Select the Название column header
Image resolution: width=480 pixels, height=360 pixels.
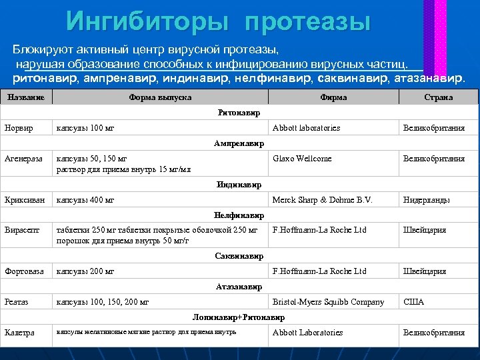pyautogui.click(x=26, y=97)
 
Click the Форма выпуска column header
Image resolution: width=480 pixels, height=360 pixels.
pyautogui.click(x=160, y=97)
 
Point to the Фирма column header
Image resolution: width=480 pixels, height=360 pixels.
pyautogui.click(x=333, y=97)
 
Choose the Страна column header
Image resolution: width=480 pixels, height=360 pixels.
pyautogui.click(x=438, y=97)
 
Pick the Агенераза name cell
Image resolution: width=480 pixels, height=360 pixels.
pyautogui.click(x=23, y=159)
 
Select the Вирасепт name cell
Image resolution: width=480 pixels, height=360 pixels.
pyautogui.click(x=22, y=230)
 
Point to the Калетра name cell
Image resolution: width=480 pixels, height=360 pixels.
pyautogui.click(x=19, y=332)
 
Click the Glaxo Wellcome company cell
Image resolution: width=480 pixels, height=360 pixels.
pyautogui.click(x=302, y=159)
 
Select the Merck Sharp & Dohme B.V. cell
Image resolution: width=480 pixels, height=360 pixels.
pyautogui.click(x=322, y=199)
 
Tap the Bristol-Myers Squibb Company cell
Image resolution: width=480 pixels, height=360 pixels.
pyautogui.click(x=328, y=302)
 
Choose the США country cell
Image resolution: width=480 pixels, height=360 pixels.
pyautogui.click(x=413, y=302)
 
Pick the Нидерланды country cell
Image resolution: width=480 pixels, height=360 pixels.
pyautogui.click(x=427, y=199)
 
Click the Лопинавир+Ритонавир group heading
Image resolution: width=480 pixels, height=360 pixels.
pyautogui.click(x=239, y=317)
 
